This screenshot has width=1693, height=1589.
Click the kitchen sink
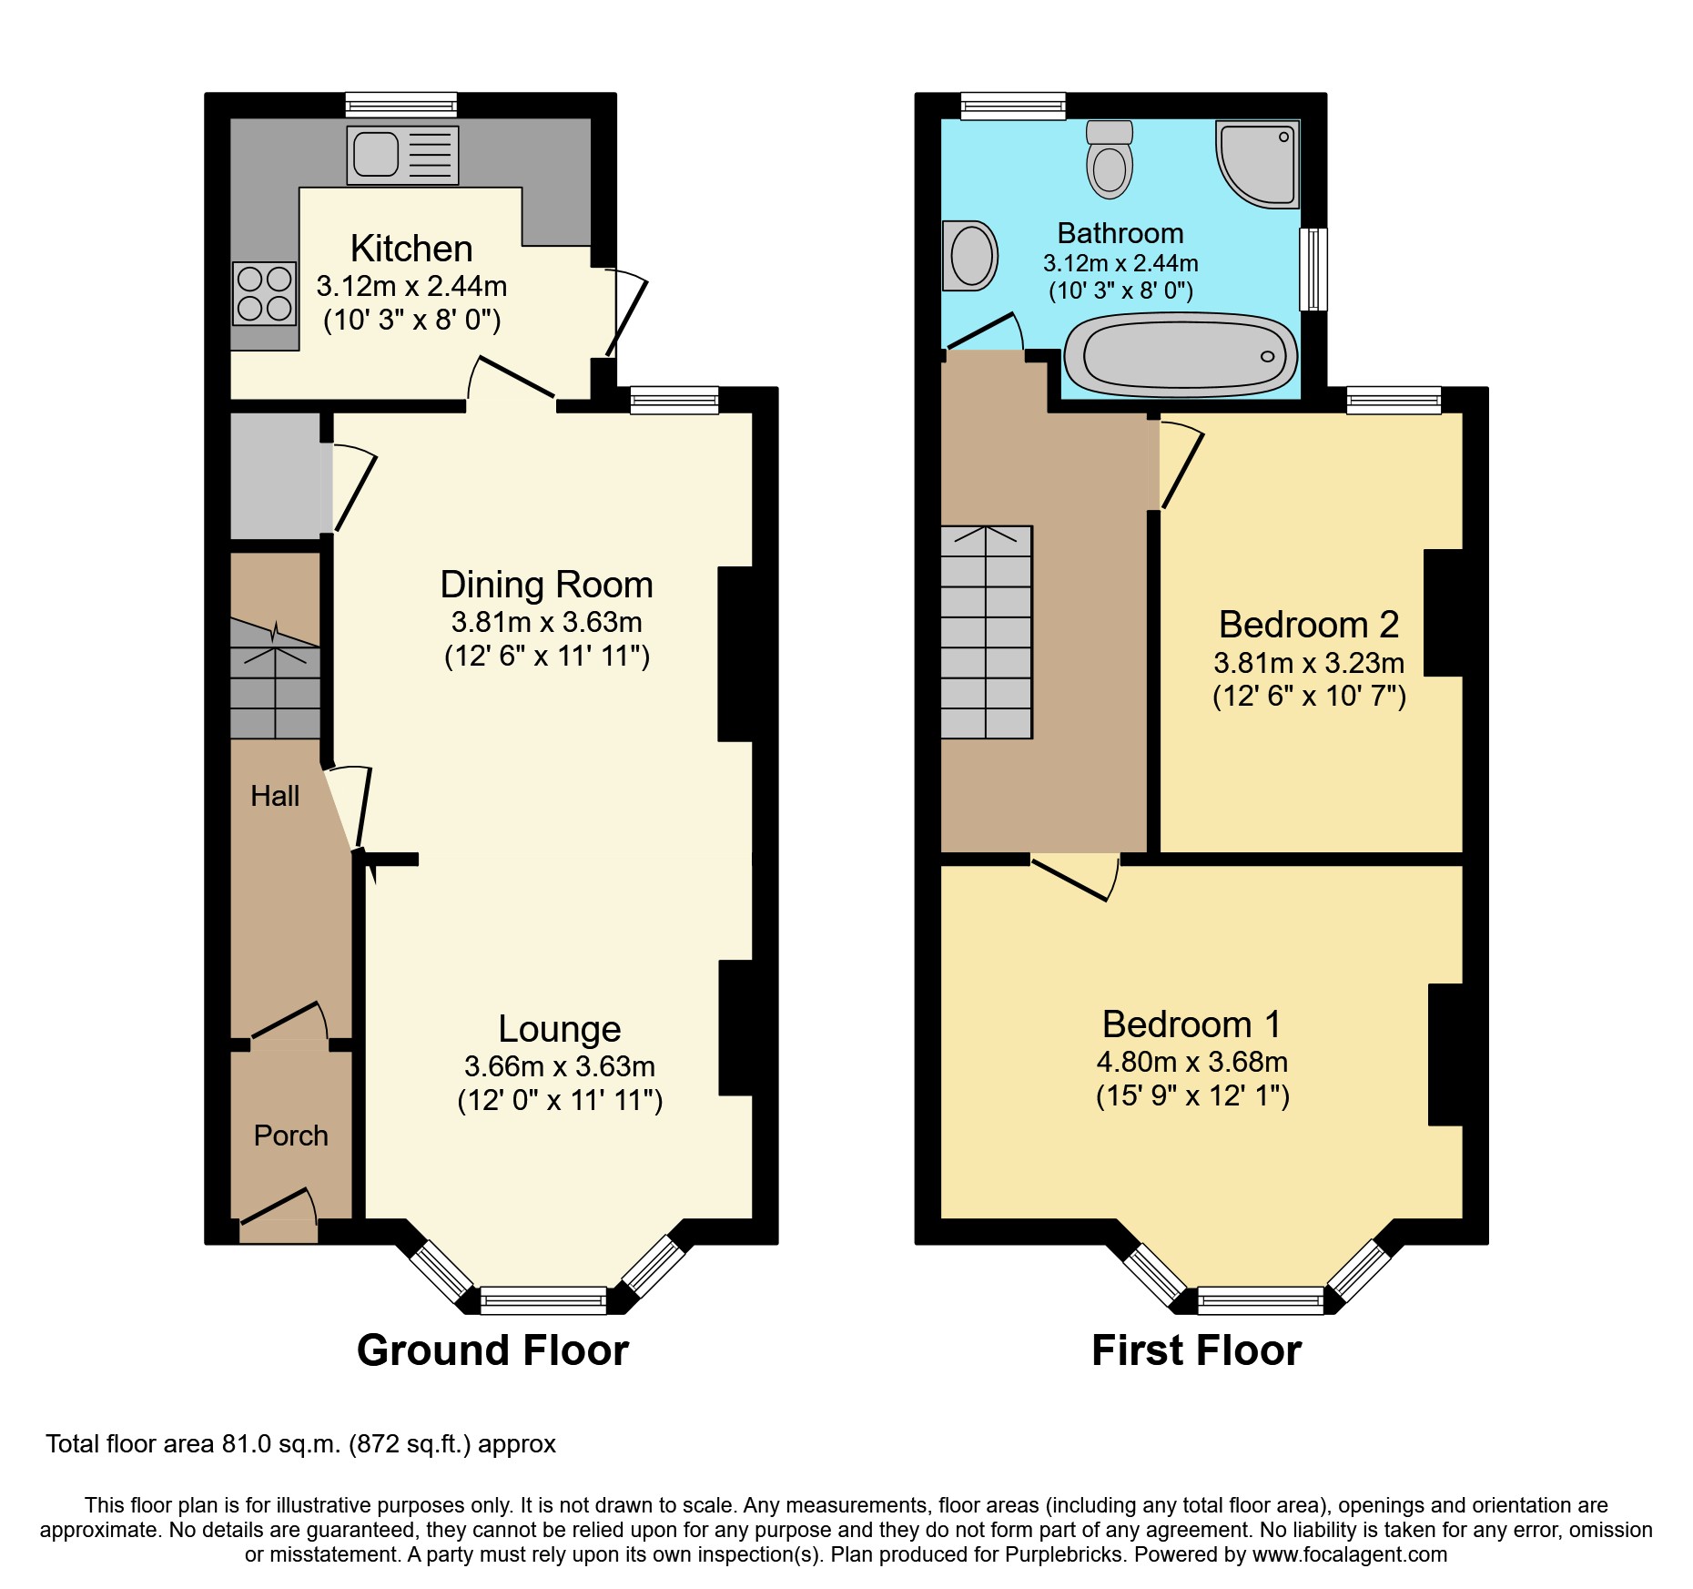pyautogui.click(x=401, y=155)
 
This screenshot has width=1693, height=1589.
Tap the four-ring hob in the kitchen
pyautogui.click(x=264, y=293)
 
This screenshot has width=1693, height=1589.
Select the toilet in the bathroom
pyautogui.click(x=1109, y=160)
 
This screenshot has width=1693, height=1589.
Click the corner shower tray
pyautogui.click(x=1259, y=164)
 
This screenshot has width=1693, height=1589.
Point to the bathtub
pyautogui.click(x=1181, y=355)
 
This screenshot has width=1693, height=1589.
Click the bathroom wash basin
pyautogui.click(x=970, y=256)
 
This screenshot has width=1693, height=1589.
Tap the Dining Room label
pyautogui.click(x=546, y=585)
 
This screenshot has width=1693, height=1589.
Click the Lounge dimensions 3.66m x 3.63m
pyautogui.click(x=559, y=1065)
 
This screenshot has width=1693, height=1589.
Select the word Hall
pyautogui.click(x=275, y=796)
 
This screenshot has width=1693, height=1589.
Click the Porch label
pyautogui.click(x=290, y=1136)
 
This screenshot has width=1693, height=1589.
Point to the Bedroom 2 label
pyautogui.click(x=1308, y=625)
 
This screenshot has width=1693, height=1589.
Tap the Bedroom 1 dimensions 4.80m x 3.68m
pyautogui.click(x=1191, y=1062)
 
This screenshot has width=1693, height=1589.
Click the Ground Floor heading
pyautogui.click(x=492, y=1350)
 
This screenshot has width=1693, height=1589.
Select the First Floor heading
pyautogui.click(x=1196, y=1350)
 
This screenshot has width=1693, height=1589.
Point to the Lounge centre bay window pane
pyautogui.click(x=542, y=1299)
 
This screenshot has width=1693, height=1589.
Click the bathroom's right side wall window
pyautogui.click(x=1313, y=269)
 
